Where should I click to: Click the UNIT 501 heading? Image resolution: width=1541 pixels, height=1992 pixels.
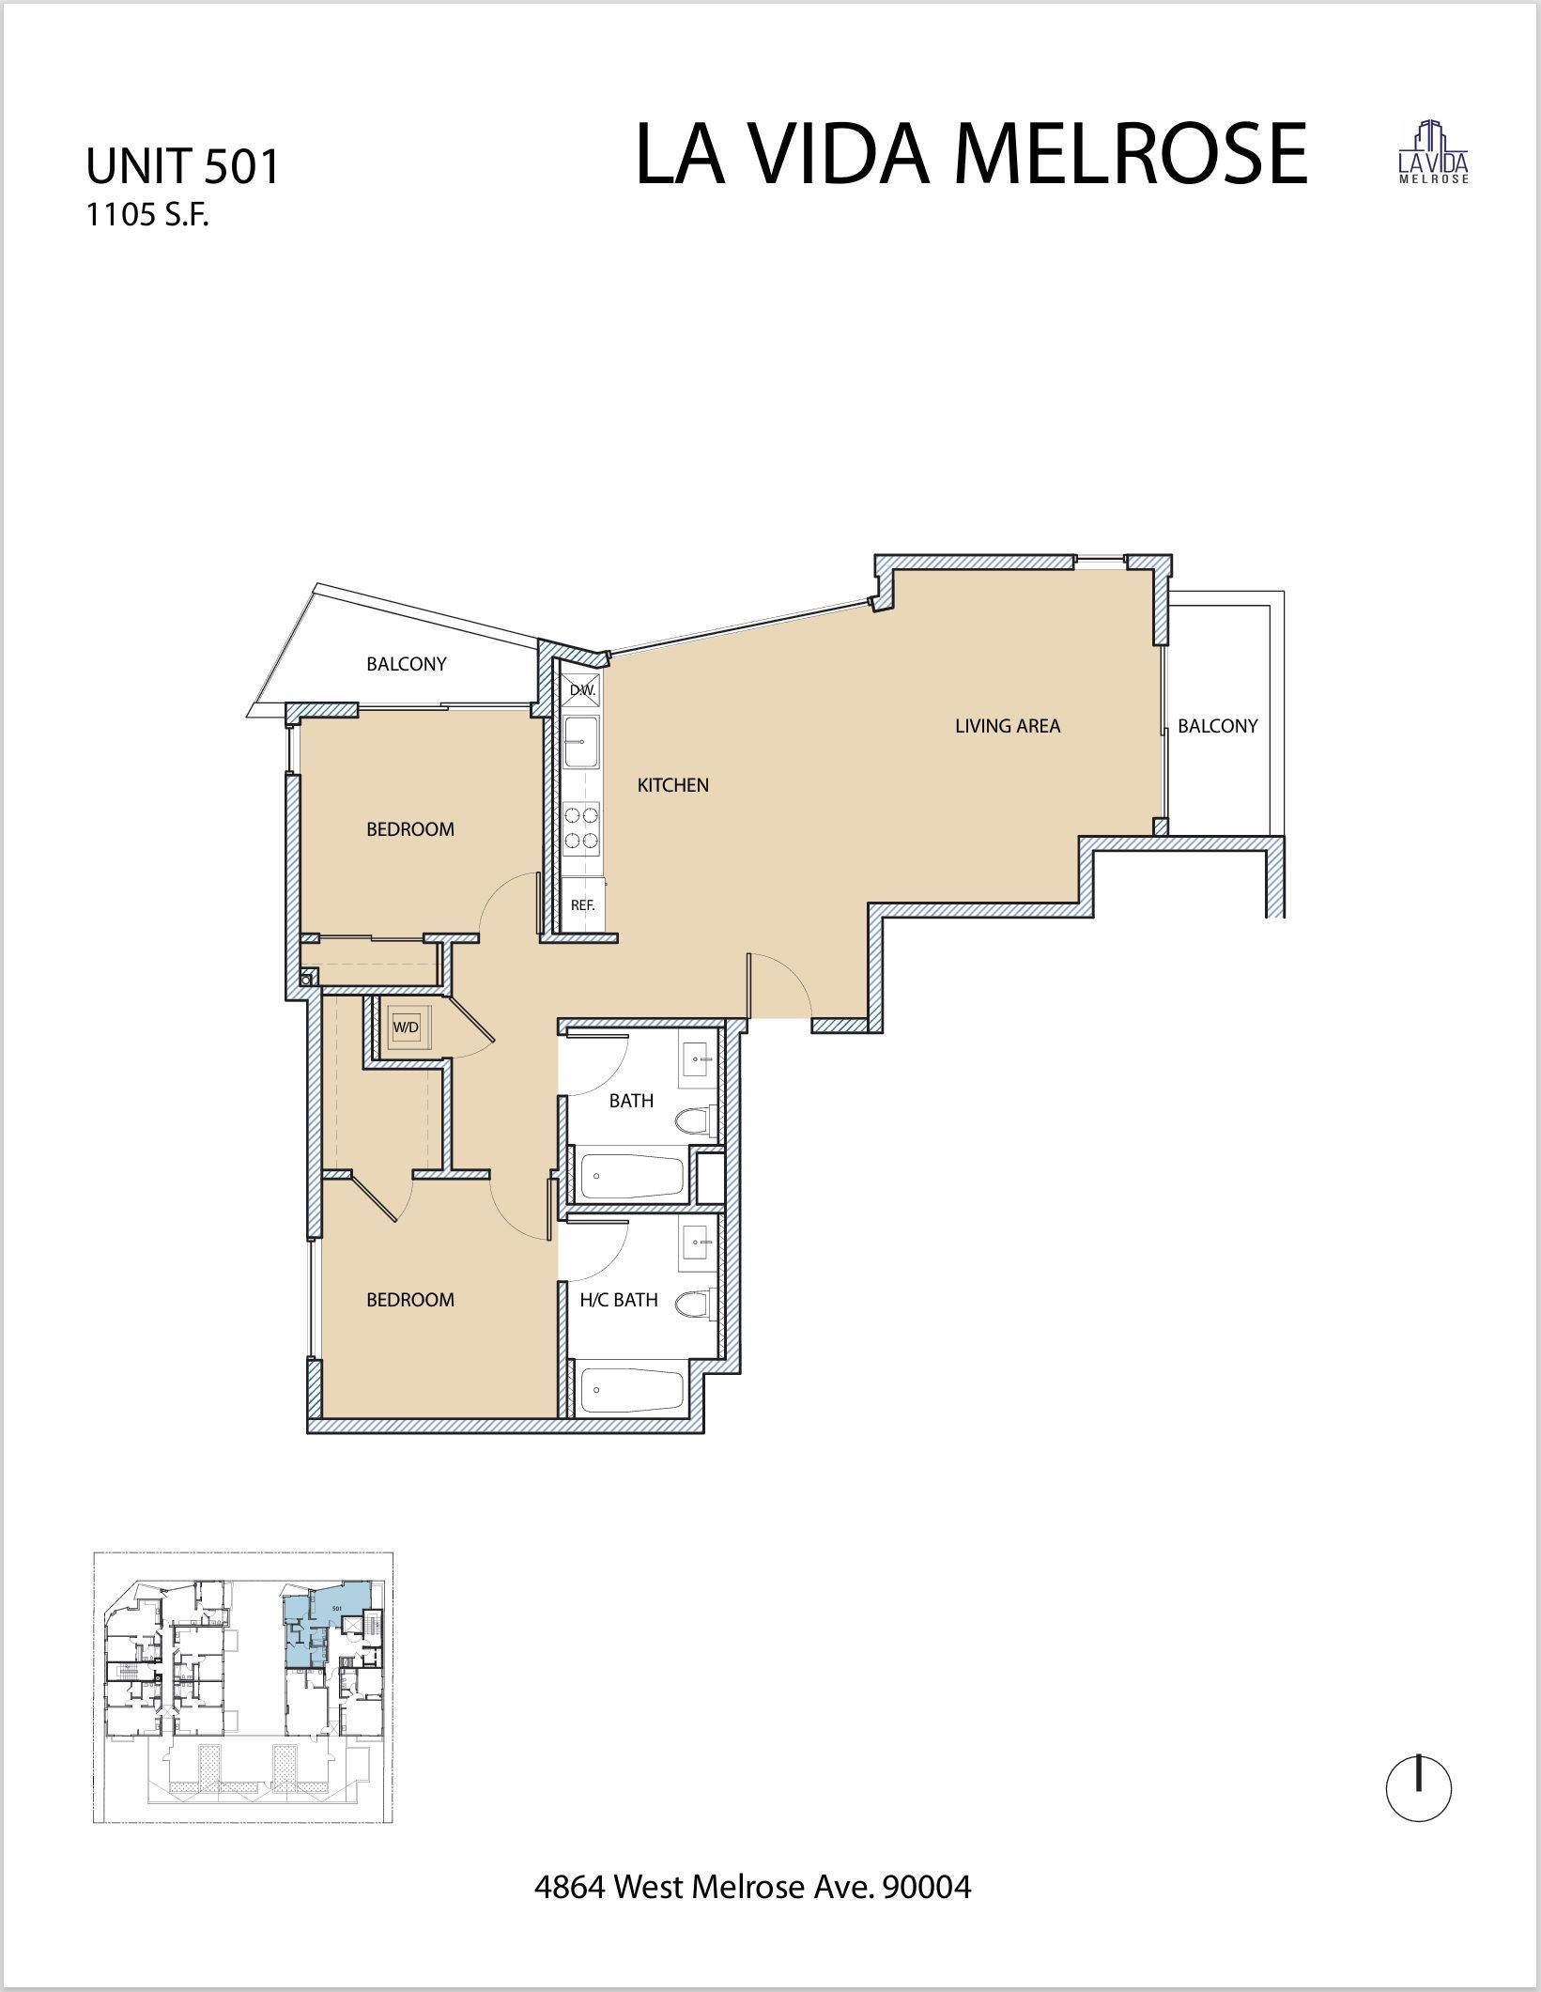[183, 167]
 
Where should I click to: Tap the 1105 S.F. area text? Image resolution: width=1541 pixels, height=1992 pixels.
[146, 216]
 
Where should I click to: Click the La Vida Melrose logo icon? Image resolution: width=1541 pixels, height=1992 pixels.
[1434, 152]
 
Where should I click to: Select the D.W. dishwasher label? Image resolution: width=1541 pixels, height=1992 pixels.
[582, 690]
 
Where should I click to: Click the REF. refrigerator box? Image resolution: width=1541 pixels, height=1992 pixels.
[583, 905]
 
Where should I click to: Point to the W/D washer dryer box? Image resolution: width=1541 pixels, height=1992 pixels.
[406, 1027]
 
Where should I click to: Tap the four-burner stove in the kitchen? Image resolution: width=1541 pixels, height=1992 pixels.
[582, 828]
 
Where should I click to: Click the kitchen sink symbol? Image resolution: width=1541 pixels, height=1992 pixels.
[581, 742]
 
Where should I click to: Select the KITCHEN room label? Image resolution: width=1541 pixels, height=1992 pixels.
[672, 785]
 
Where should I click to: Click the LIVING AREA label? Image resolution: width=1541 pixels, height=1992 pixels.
[1007, 726]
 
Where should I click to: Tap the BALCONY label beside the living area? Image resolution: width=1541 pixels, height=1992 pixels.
[1217, 726]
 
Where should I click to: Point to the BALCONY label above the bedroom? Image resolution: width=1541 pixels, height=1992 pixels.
[406, 664]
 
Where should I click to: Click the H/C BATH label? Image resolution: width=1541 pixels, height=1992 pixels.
[618, 1300]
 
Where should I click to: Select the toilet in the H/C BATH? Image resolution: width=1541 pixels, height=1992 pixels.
[696, 1305]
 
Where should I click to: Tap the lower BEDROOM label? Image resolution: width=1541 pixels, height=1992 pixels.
[409, 1300]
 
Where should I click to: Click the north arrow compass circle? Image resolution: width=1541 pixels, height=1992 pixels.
[1419, 1789]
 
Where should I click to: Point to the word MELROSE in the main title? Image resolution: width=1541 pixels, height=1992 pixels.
[1130, 154]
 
